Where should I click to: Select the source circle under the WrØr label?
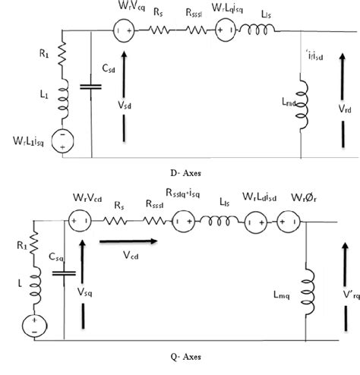pyautogui.click(x=286, y=223)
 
